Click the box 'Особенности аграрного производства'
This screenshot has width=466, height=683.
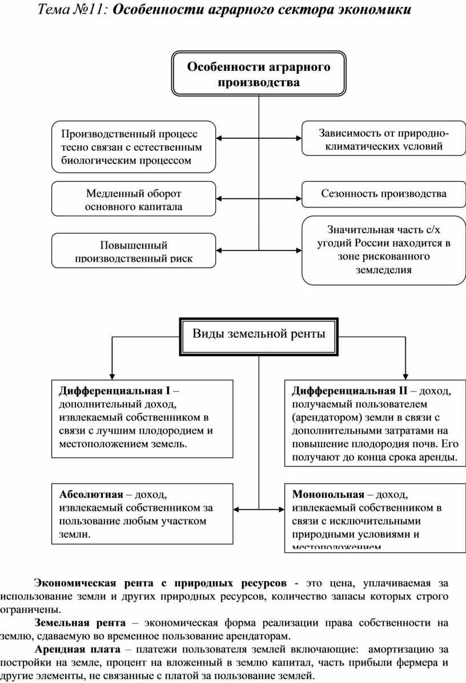tap(259, 74)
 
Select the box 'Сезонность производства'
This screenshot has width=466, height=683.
tap(383, 194)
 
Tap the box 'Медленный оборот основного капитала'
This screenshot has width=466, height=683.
tap(134, 199)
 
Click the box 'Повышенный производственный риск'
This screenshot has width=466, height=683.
tap(134, 251)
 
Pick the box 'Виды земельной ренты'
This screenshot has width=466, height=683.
tap(259, 334)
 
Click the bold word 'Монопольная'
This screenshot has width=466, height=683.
tap(328, 494)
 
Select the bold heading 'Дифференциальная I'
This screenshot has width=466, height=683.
tap(114, 391)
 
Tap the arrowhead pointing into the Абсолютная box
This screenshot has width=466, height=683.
tap(237, 509)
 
